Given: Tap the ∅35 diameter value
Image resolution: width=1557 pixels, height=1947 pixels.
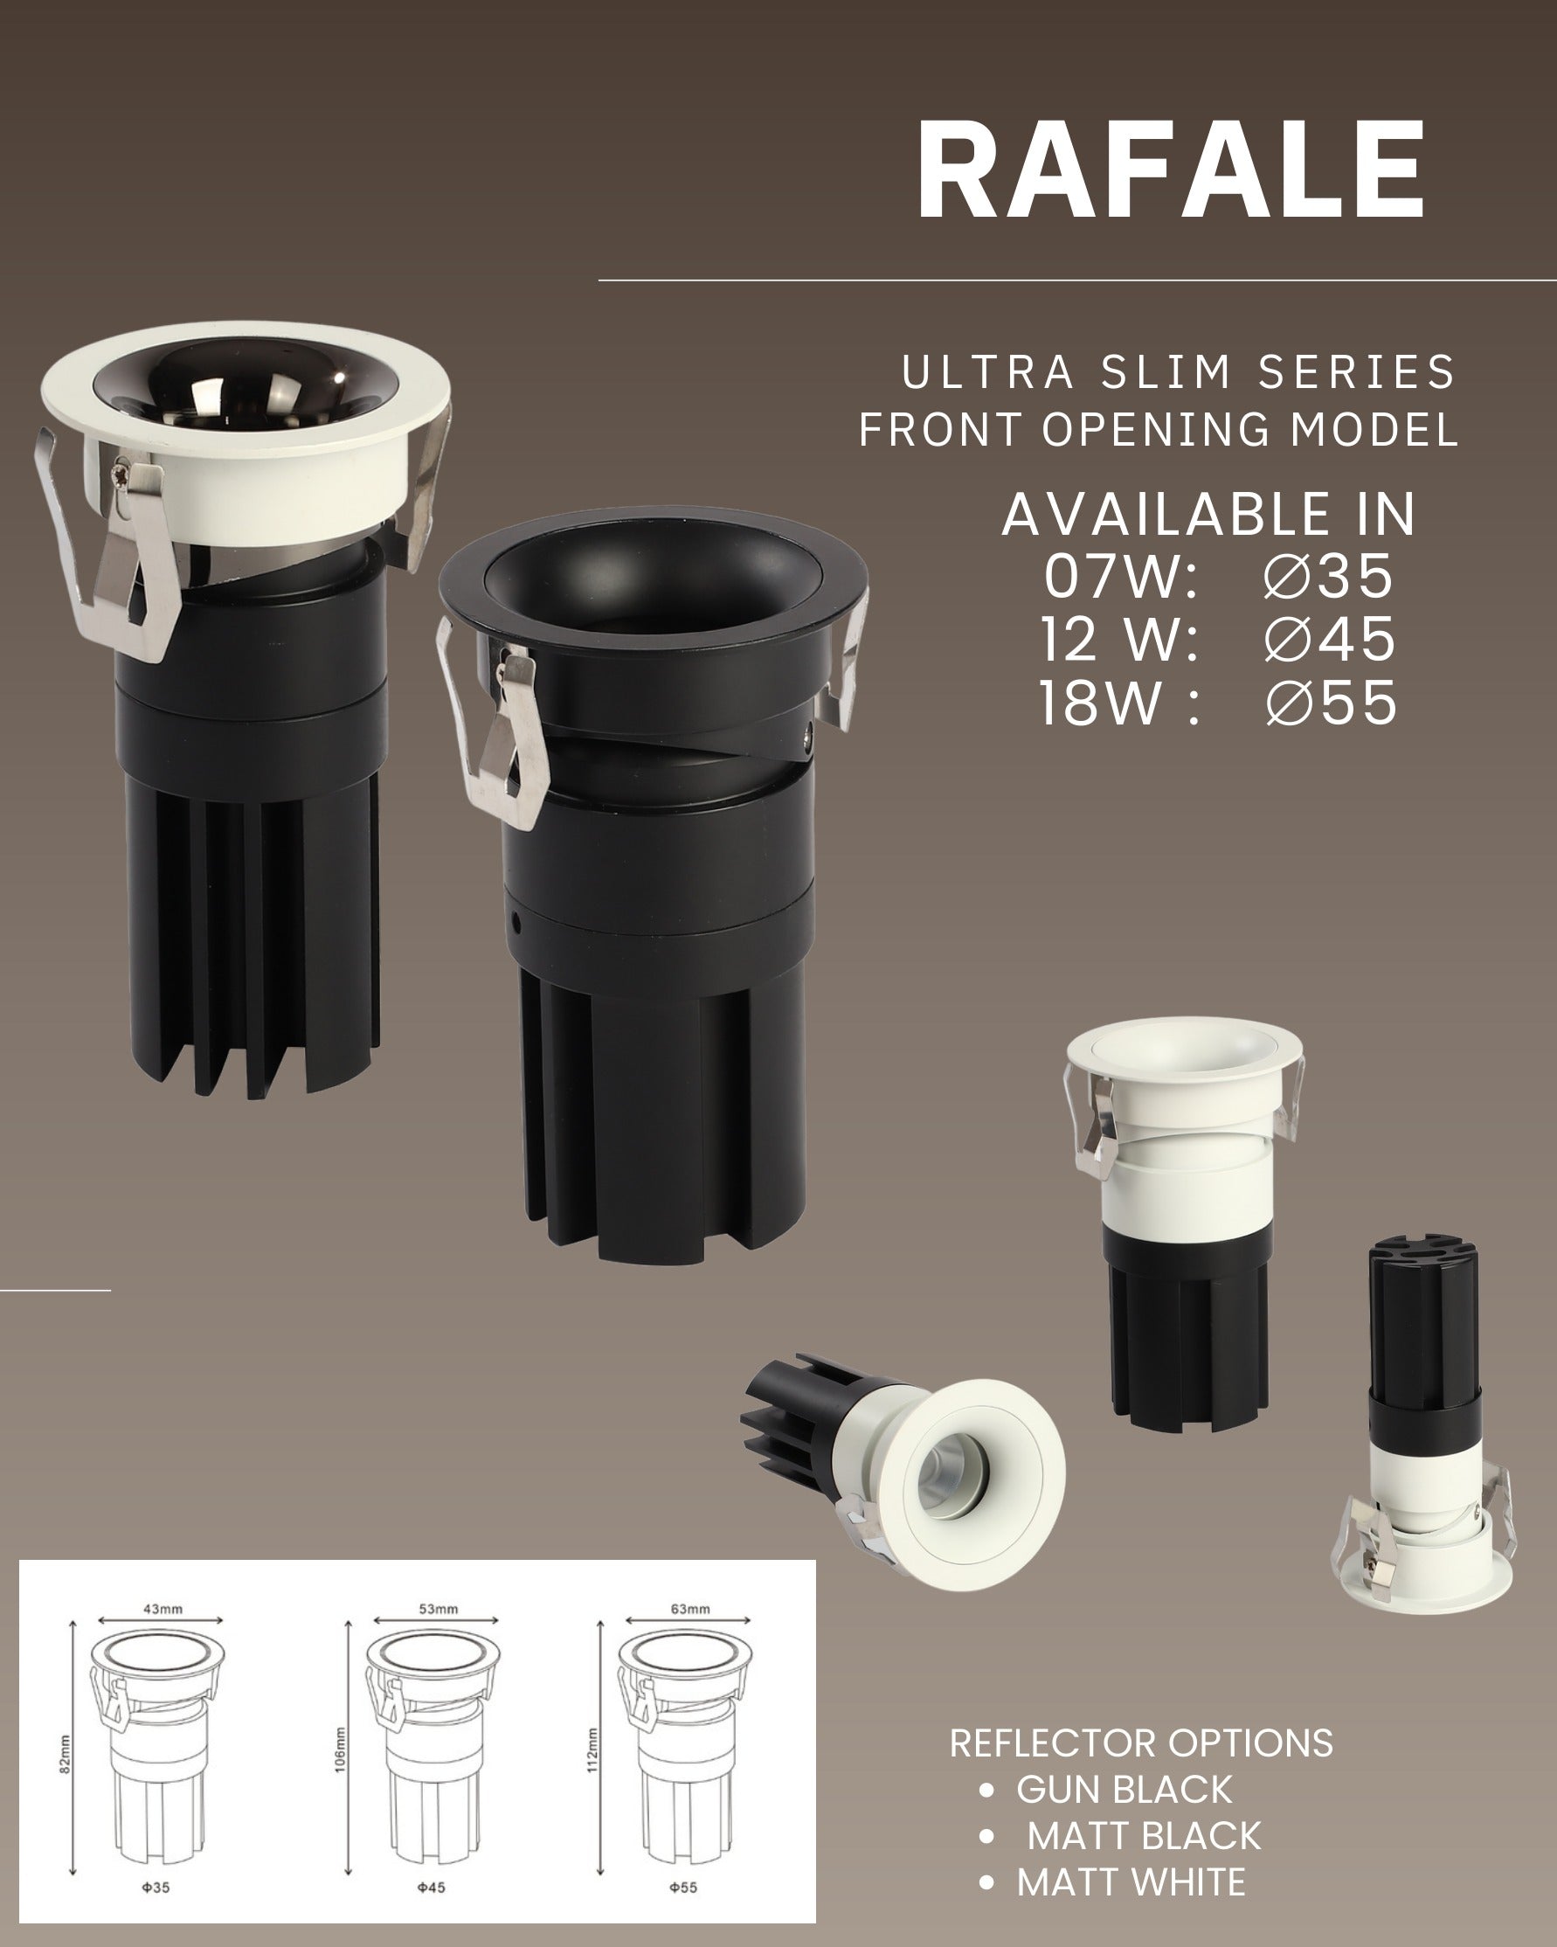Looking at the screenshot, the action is click(1328, 575).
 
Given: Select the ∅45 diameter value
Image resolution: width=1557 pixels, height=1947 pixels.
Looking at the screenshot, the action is click(1330, 639).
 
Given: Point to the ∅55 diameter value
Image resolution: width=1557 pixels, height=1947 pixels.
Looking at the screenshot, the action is click(1332, 703).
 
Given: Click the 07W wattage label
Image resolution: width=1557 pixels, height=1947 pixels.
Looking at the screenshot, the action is click(1121, 575).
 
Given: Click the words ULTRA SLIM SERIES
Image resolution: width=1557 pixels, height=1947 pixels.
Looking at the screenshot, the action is click(1179, 372).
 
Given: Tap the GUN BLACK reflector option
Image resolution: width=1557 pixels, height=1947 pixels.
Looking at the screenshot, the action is click(1124, 1789).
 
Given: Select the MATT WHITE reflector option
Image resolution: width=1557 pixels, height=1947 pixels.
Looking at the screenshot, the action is click(1131, 1882).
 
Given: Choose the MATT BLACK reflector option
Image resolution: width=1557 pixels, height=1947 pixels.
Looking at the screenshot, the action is click(1145, 1835).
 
